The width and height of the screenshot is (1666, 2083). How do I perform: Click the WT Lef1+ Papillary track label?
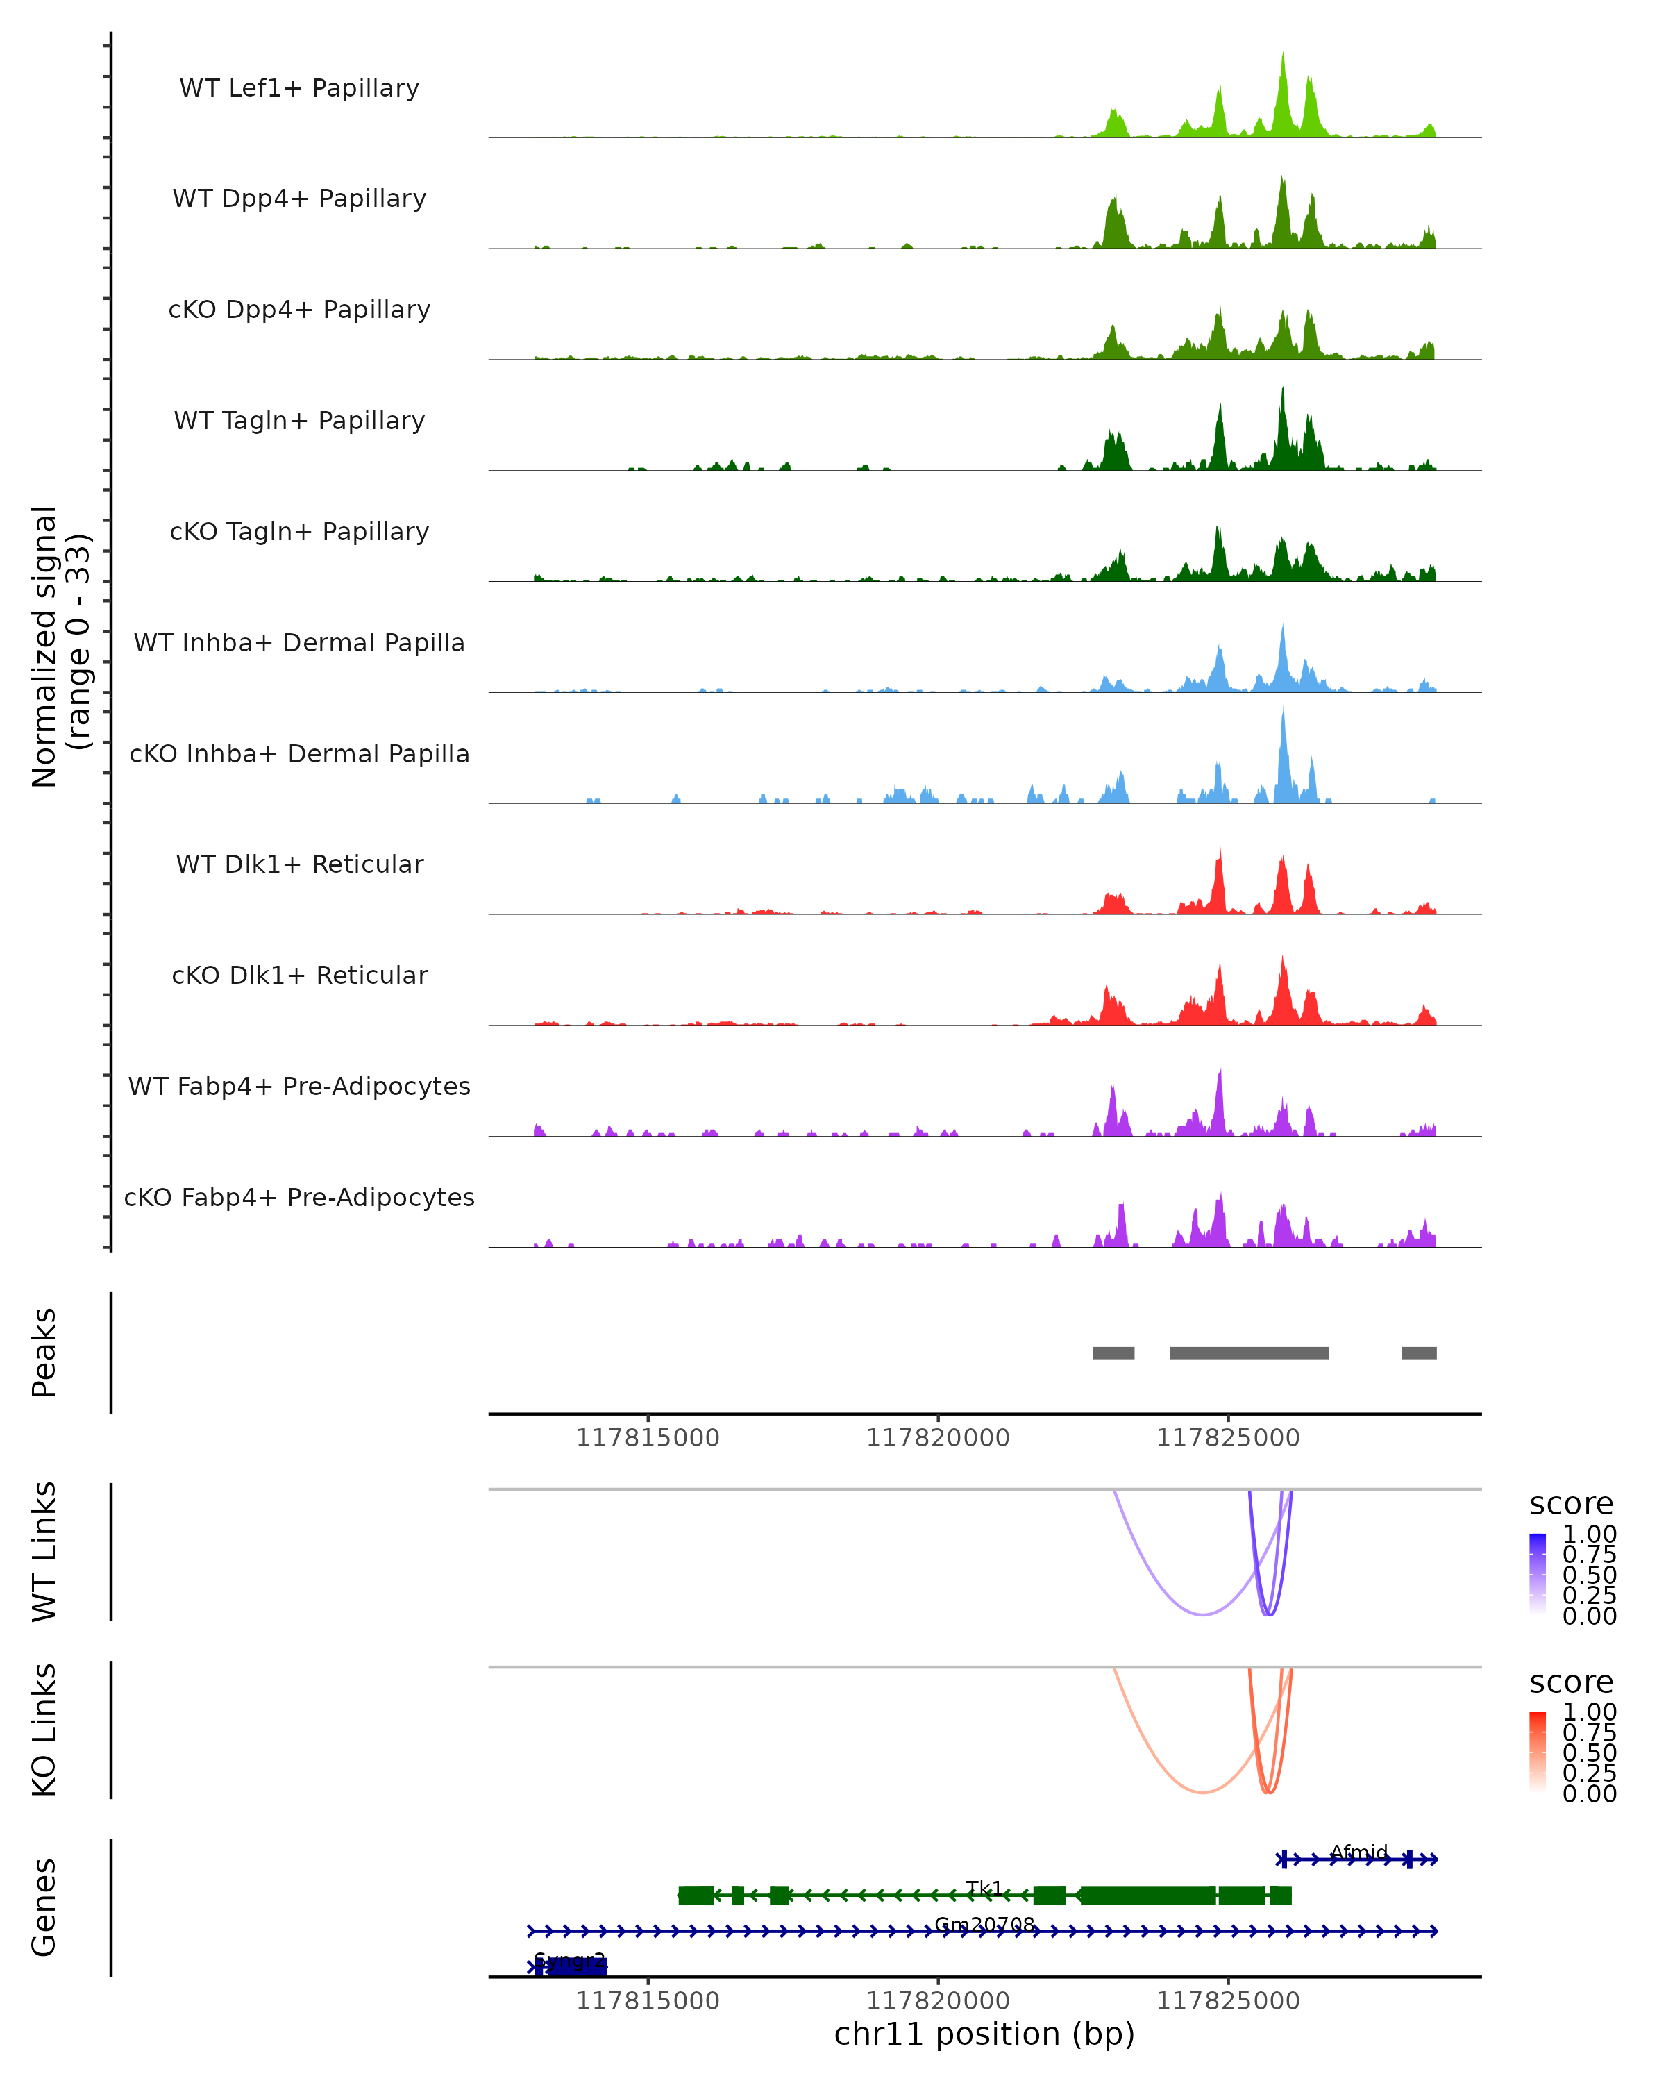click(x=299, y=88)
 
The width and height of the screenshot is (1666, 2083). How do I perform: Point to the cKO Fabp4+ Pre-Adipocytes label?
click(x=299, y=1197)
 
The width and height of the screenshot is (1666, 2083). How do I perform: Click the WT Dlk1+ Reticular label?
click(x=299, y=864)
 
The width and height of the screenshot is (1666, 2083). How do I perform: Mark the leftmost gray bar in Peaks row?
click(x=1113, y=1353)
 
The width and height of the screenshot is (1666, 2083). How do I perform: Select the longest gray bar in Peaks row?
click(x=1249, y=1353)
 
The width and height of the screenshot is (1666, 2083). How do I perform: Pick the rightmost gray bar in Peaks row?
click(x=1419, y=1353)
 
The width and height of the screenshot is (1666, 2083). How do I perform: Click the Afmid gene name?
click(x=1359, y=1852)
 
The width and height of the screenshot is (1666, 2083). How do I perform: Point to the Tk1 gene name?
click(x=984, y=1888)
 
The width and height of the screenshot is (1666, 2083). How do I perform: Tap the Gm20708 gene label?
click(x=984, y=1925)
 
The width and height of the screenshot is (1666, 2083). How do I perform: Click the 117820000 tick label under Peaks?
click(x=938, y=1438)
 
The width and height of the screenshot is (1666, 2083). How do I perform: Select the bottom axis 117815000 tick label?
click(x=647, y=2001)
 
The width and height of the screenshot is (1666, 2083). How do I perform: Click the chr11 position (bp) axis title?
click(x=984, y=2034)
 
